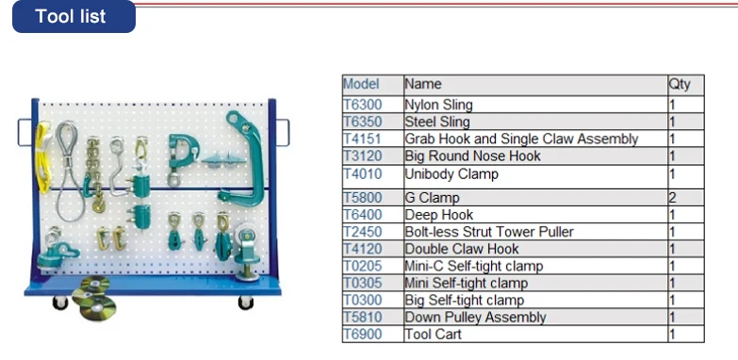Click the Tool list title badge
click(x=74, y=16)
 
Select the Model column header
click(x=361, y=84)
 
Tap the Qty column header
click(x=680, y=84)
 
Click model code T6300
click(x=363, y=105)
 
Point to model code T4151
click(x=362, y=139)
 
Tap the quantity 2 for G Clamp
click(x=672, y=198)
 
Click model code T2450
click(x=363, y=232)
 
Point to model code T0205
click(x=363, y=267)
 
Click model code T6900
click(x=363, y=335)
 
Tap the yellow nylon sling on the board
click(x=42, y=157)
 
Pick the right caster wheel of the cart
click(x=245, y=303)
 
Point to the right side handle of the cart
click(x=284, y=133)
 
